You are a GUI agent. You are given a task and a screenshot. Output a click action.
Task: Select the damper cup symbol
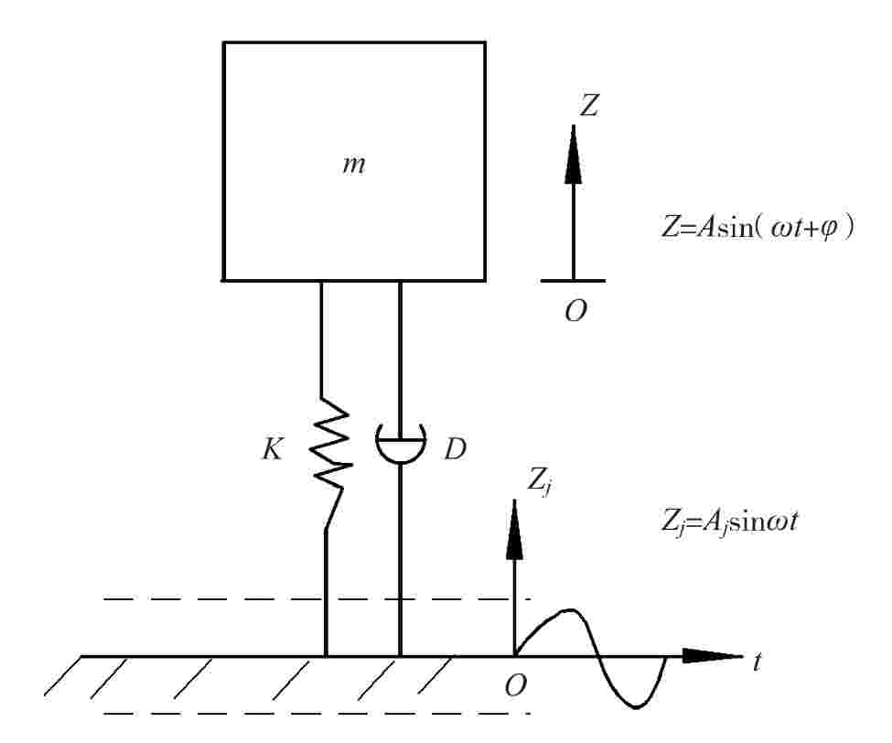click(x=401, y=443)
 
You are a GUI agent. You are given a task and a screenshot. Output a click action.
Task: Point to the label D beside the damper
click(x=456, y=450)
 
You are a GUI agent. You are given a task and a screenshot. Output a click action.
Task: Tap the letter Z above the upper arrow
click(x=590, y=107)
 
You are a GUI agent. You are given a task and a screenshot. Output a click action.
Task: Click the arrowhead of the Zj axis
click(x=514, y=535)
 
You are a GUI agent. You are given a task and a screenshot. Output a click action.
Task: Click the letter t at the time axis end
click(x=758, y=661)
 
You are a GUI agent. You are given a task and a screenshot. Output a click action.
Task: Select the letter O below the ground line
click(x=517, y=684)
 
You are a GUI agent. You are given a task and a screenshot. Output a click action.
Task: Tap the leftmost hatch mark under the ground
click(x=62, y=677)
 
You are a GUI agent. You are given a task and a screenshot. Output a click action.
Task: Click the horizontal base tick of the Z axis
click(x=574, y=280)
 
